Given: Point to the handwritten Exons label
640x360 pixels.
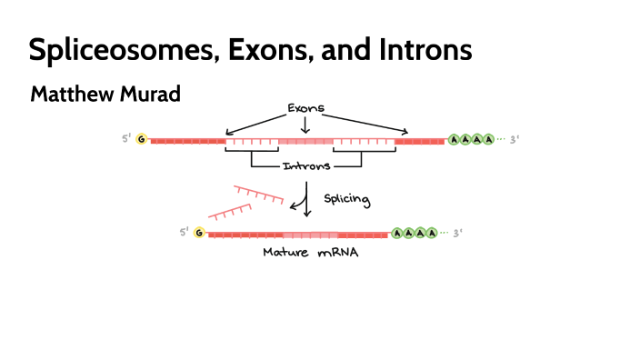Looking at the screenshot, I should tap(305, 108).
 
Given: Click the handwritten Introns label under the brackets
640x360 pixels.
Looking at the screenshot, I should tap(305, 166).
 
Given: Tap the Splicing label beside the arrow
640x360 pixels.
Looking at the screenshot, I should tap(347, 196).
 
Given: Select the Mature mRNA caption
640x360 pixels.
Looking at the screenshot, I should tap(310, 254).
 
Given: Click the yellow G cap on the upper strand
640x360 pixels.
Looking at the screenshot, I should tap(141, 140).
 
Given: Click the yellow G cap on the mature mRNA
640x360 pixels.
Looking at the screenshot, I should tap(199, 234).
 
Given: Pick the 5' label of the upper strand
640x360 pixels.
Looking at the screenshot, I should tap(126, 140).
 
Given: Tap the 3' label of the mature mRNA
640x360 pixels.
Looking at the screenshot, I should tap(457, 233).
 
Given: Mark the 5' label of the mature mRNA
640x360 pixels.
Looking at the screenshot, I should tap(184, 234).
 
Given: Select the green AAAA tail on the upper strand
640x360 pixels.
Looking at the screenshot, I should tap(472, 140).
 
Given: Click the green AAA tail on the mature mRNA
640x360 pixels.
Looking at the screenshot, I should tap(415, 233).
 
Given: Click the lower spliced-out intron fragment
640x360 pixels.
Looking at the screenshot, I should tap(230, 212).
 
